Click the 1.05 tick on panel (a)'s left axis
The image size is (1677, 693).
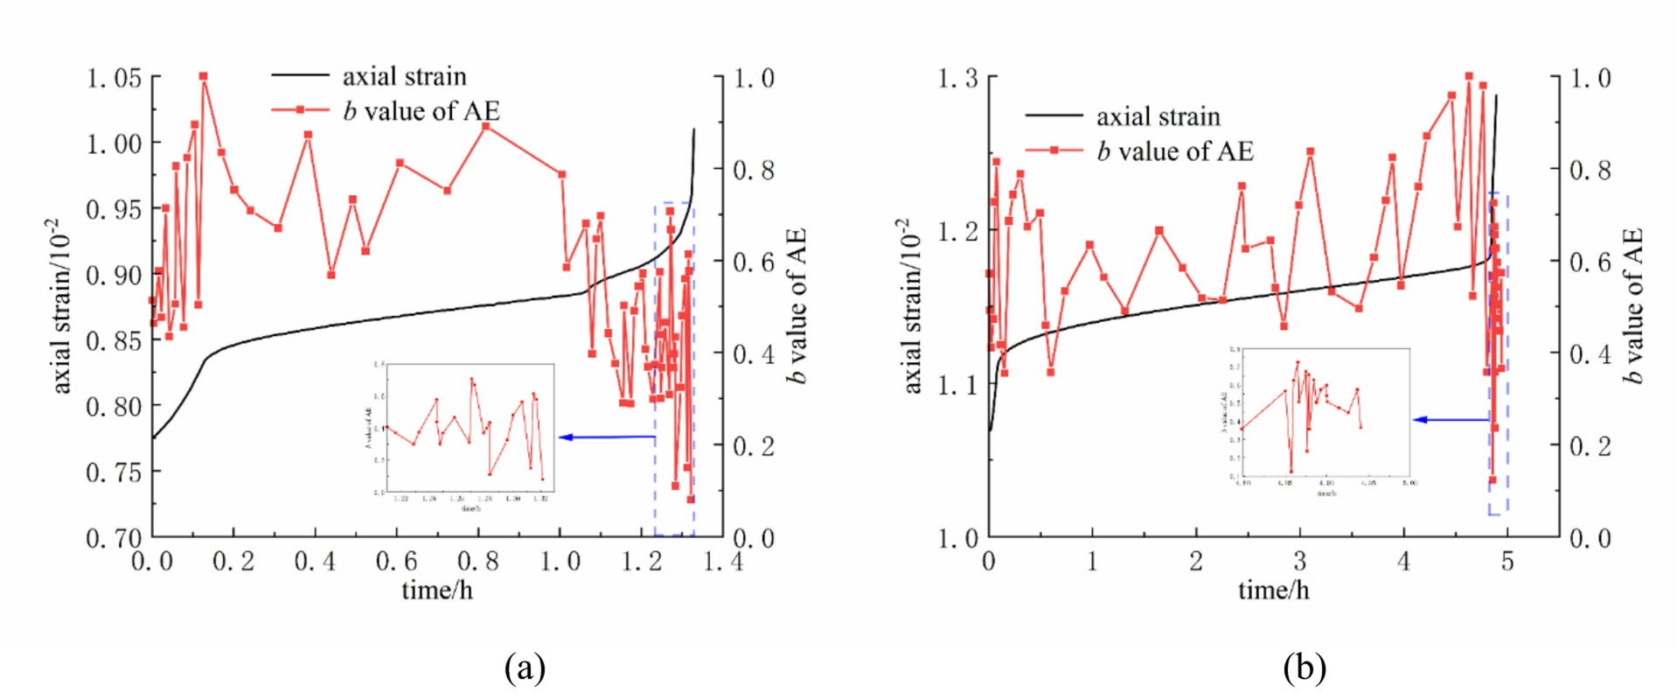click(114, 79)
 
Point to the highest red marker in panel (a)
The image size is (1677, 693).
click(204, 77)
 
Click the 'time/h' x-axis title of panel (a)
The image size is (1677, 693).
click(437, 591)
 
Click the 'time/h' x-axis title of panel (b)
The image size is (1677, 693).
click(1274, 591)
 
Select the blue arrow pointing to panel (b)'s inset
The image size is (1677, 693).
click(1451, 420)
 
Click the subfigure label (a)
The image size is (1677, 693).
click(525, 668)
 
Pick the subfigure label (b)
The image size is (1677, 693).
click(1305, 668)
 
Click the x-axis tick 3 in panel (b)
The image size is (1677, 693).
click(1299, 561)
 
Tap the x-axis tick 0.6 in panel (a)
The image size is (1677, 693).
click(397, 561)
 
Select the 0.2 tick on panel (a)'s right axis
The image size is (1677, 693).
click(754, 446)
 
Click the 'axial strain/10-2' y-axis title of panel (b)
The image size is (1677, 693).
click(911, 306)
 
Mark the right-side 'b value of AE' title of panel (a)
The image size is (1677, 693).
click(795, 306)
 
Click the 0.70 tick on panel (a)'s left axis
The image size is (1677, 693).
click(114, 537)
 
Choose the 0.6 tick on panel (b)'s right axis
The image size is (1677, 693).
click(1590, 262)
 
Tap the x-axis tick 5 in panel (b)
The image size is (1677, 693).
click(1507, 561)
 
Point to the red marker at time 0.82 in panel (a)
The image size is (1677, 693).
click(486, 126)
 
